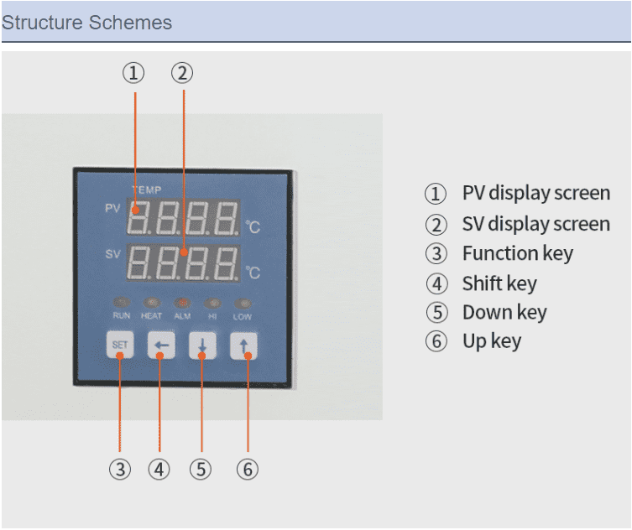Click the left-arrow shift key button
[160, 346]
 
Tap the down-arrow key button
[201, 346]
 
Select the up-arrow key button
[243, 346]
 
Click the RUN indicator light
[121, 302]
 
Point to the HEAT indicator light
[151, 302]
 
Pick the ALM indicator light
[181, 302]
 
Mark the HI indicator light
[212, 302]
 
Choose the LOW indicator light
[242, 302]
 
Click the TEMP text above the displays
[146, 190]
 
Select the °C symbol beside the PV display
[253, 226]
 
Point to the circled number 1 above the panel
[133, 73]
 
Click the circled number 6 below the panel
[247, 470]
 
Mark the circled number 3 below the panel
[120, 470]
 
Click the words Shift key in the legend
[499, 283]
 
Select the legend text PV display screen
[535, 193]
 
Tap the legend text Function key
[517, 253]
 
